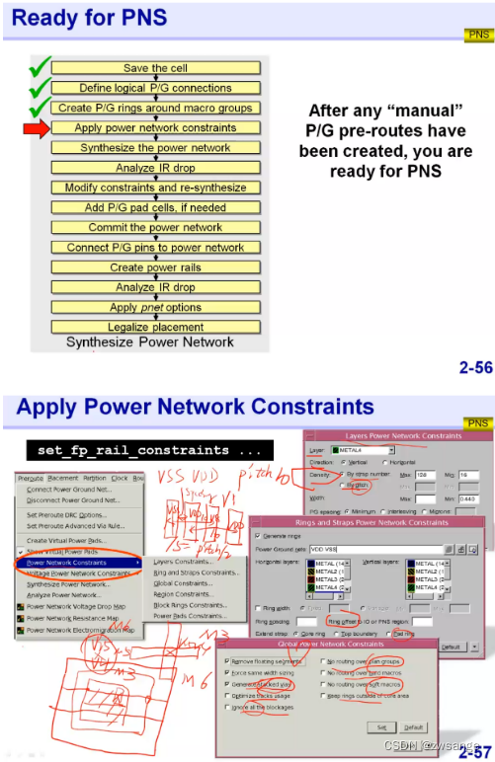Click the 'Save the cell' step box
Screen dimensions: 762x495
(155, 68)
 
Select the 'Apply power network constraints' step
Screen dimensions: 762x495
(155, 127)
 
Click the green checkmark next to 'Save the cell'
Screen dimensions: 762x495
(39, 67)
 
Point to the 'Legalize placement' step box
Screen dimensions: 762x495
(155, 327)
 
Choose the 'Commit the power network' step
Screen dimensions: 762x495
(155, 227)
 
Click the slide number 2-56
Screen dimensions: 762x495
(475, 368)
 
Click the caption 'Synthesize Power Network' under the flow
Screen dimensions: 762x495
(149, 343)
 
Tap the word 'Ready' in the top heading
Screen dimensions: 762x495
(43, 18)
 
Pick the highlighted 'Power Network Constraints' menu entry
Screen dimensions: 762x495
(78, 563)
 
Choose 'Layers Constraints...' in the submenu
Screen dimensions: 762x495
(183, 562)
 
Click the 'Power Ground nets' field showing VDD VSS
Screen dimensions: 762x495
(375, 548)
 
